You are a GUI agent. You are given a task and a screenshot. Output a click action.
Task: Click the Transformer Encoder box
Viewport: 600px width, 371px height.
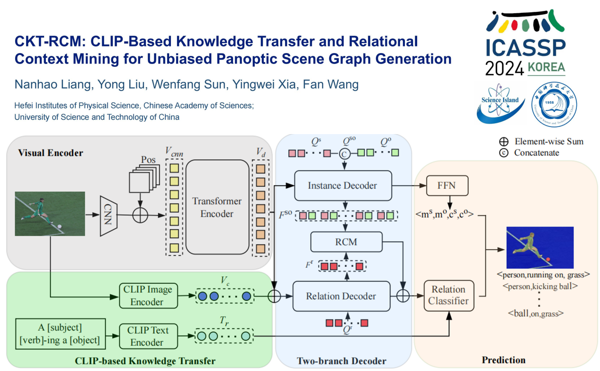pyautogui.click(x=217, y=207)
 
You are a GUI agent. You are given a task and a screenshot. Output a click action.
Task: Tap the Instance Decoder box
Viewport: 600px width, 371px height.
pyautogui.click(x=343, y=185)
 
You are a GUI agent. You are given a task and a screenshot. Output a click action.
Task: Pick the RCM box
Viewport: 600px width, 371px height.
pyautogui.click(x=346, y=242)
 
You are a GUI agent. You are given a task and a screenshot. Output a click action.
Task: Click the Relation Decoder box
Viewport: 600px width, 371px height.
pyautogui.click(x=341, y=296)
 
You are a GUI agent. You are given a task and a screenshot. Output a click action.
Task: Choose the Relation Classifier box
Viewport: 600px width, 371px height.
pyautogui.click(x=448, y=295)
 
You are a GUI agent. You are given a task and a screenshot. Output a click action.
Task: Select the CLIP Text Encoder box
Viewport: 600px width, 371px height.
pyautogui.click(x=147, y=336)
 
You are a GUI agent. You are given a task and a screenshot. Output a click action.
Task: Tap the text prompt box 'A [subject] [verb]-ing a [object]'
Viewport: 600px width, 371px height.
pyautogui.click(x=60, y=334)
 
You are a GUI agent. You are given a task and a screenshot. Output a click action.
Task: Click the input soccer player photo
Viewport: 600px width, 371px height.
pyautogui.click(x=50, y=213)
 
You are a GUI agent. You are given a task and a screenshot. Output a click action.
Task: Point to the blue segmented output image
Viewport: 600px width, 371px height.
pyautogui.click(x=540, y=247)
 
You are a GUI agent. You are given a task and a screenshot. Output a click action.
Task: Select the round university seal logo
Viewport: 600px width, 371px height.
pyautogui.click(x=554, y=104)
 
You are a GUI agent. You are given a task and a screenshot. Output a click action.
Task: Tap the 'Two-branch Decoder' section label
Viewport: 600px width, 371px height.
pyautogui.click(x=341, y=361)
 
